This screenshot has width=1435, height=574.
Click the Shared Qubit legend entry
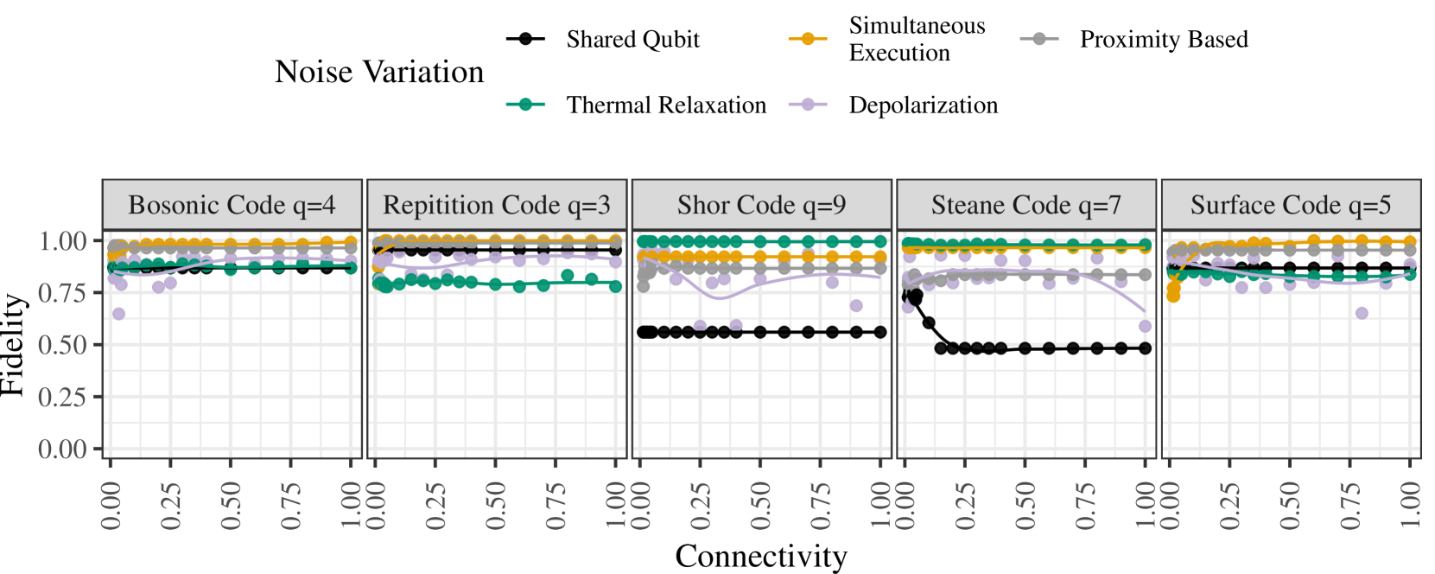coord(632,40)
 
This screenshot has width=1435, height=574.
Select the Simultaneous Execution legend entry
coord(916,40)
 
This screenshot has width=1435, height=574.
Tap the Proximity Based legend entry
coord(1163,40)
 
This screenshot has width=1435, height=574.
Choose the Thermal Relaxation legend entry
coord(665,105)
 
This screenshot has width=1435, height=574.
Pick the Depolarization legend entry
coord(923,105)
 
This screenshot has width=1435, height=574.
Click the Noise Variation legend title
coord(379,72)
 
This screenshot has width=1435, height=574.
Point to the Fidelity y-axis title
coord(12,344)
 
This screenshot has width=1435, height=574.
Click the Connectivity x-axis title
coord(761,556)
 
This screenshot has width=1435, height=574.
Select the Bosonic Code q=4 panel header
coord(232,205)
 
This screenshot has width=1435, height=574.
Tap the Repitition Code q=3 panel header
coord(497,205)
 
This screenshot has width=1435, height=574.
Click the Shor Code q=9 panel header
coord(761,205)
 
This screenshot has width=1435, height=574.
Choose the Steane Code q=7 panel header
coord(1026,205)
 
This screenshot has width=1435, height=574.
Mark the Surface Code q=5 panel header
coord(1291,205)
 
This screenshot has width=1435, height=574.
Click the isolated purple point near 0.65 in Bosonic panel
coord(118,314)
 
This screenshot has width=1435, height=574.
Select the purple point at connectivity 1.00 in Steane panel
coord(1146,326)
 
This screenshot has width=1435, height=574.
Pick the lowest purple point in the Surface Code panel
coord(1362,313)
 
